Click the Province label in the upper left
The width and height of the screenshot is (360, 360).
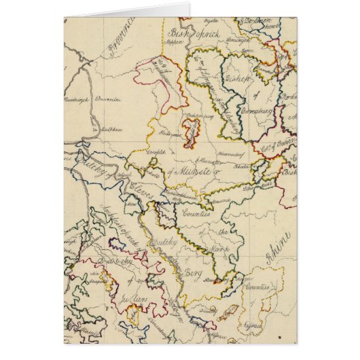tap(117, 34)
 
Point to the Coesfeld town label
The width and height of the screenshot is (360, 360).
tap(158, 154)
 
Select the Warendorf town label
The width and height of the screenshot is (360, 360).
tap(223, 162)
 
